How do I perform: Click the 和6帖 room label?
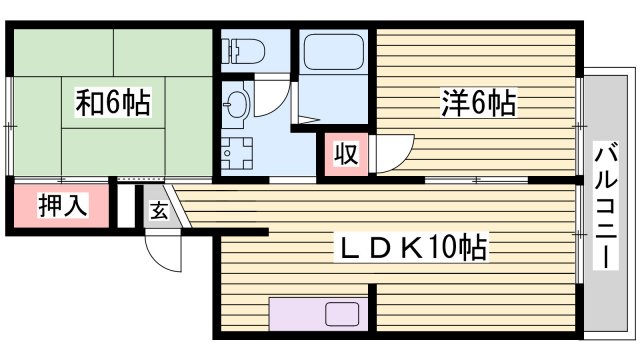pyautogui.click(x=113, y=103)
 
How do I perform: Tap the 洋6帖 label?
pyautogui.click(x=477, y=103)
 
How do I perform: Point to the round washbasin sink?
pyautogui.click(x=238, y=102)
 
